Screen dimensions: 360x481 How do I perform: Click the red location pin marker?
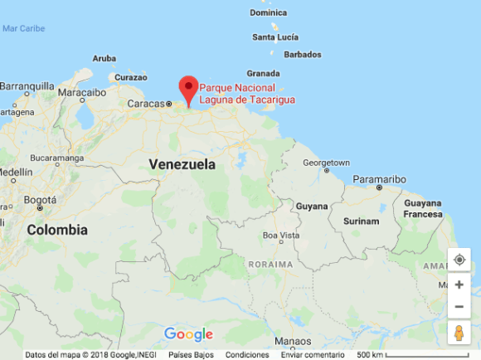click(x=188, y=89)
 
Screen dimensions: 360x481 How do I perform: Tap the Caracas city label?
click(x=146, y=104)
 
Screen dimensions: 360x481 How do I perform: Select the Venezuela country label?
click(x=182, y=164)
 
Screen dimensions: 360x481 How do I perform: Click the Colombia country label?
click(x=57, y=230)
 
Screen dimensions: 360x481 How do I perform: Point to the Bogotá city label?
click(x=40, y=200)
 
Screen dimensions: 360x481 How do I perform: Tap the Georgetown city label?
click(x=326, y=163)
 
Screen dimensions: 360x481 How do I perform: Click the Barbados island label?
click(x=303, y=55)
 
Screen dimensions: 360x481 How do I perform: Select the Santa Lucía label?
click(x=275, y=37)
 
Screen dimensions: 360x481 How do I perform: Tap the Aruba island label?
click(x=104, y=58)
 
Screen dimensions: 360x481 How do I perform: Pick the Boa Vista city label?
click(x=280, y=235)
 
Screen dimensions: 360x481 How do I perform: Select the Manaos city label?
click(x=293, y=340)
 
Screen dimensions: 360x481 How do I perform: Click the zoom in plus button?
click(x=459, y=285)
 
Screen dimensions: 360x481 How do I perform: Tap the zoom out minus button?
click(x=459, y=306)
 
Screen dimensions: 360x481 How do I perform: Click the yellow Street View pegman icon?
click(x=459, y=333)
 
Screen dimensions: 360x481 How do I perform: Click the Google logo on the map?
click(x=188, y=334)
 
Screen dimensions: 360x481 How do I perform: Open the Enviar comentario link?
click(x=313, y=355)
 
